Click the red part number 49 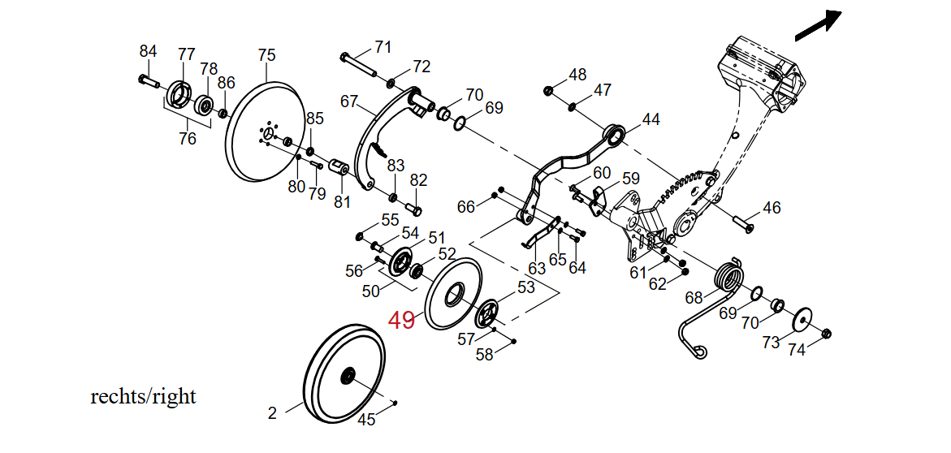401,320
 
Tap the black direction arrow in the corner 818,26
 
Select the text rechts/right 143,397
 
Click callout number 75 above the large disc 266,55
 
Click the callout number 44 651,119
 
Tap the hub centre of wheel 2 348,375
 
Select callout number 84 148,51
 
